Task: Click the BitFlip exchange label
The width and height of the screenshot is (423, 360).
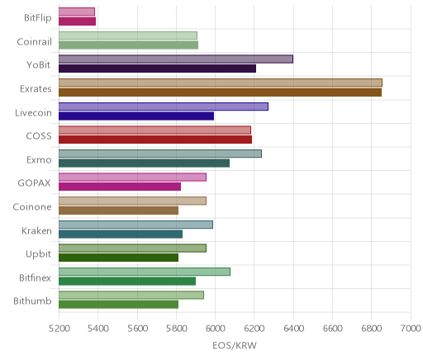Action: [x=38, y=18]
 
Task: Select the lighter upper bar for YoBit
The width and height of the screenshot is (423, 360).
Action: [x=176, y=59]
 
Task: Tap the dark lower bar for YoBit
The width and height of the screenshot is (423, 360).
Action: [x=157, y=69]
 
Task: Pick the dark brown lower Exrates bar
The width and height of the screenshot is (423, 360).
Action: [x=220, y=92]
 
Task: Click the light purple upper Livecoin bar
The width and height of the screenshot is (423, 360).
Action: [x=164, y=107]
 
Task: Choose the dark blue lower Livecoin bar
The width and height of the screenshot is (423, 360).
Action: [x=136, y=116]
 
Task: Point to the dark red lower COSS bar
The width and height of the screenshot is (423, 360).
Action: [x=155, y=140]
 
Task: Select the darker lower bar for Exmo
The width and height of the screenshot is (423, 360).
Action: [x=144, y=163]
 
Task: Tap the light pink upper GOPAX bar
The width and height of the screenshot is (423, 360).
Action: [x=132, y=178]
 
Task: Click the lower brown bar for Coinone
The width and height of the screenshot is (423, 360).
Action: [x=118, y=211]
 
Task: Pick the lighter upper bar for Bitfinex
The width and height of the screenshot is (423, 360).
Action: [x=145, y=272]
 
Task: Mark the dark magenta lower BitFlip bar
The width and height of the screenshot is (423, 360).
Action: [x=77, y=21]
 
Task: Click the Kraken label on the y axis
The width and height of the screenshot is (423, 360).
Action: [x=36, y=230]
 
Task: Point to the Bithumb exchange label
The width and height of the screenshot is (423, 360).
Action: [x=32, y=301]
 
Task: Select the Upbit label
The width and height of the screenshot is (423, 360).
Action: [x=39, y=253]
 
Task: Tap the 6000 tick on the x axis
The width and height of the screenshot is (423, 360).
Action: [x=215, y=329]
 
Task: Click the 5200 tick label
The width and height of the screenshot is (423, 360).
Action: [x=59, y=329]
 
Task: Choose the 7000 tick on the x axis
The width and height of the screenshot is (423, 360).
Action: [x=411, y=329]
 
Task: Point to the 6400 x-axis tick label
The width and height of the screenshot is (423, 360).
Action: [x=293, y=329]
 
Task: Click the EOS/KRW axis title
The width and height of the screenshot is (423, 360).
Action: [x=235, y=345]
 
